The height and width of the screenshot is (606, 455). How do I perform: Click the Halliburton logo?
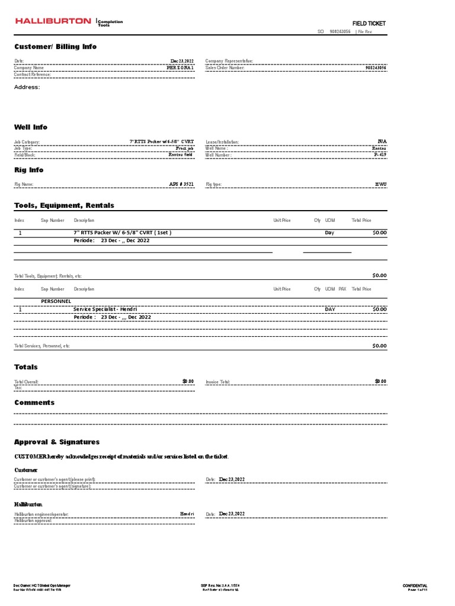pos(53,21)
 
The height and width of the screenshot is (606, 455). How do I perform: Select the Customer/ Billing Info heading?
pos(55,47)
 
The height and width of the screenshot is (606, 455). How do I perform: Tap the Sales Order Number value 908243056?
pos(376,68)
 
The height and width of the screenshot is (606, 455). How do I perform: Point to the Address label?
pos(27,87)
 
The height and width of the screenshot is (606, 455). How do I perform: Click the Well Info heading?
pos(31,127)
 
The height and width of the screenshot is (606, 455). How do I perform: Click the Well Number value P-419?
pos(380,154)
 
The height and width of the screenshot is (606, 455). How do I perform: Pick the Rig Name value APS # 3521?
pos(181,184)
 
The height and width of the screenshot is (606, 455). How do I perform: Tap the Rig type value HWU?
pos(380,184)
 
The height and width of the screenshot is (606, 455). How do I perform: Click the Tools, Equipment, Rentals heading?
pos(64,205)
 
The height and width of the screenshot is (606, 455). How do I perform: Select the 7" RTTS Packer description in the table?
pos(122,233)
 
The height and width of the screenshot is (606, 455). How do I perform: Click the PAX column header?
pos(342,289)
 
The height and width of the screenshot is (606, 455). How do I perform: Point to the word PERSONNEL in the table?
pos(56,301)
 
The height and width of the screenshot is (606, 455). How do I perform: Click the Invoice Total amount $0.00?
pos(380,381)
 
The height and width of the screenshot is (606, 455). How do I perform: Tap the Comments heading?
pos(34,402)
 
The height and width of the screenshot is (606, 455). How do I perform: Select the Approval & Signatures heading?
pos(57,442)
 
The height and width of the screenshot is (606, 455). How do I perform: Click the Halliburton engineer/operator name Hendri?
pos(187,514)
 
